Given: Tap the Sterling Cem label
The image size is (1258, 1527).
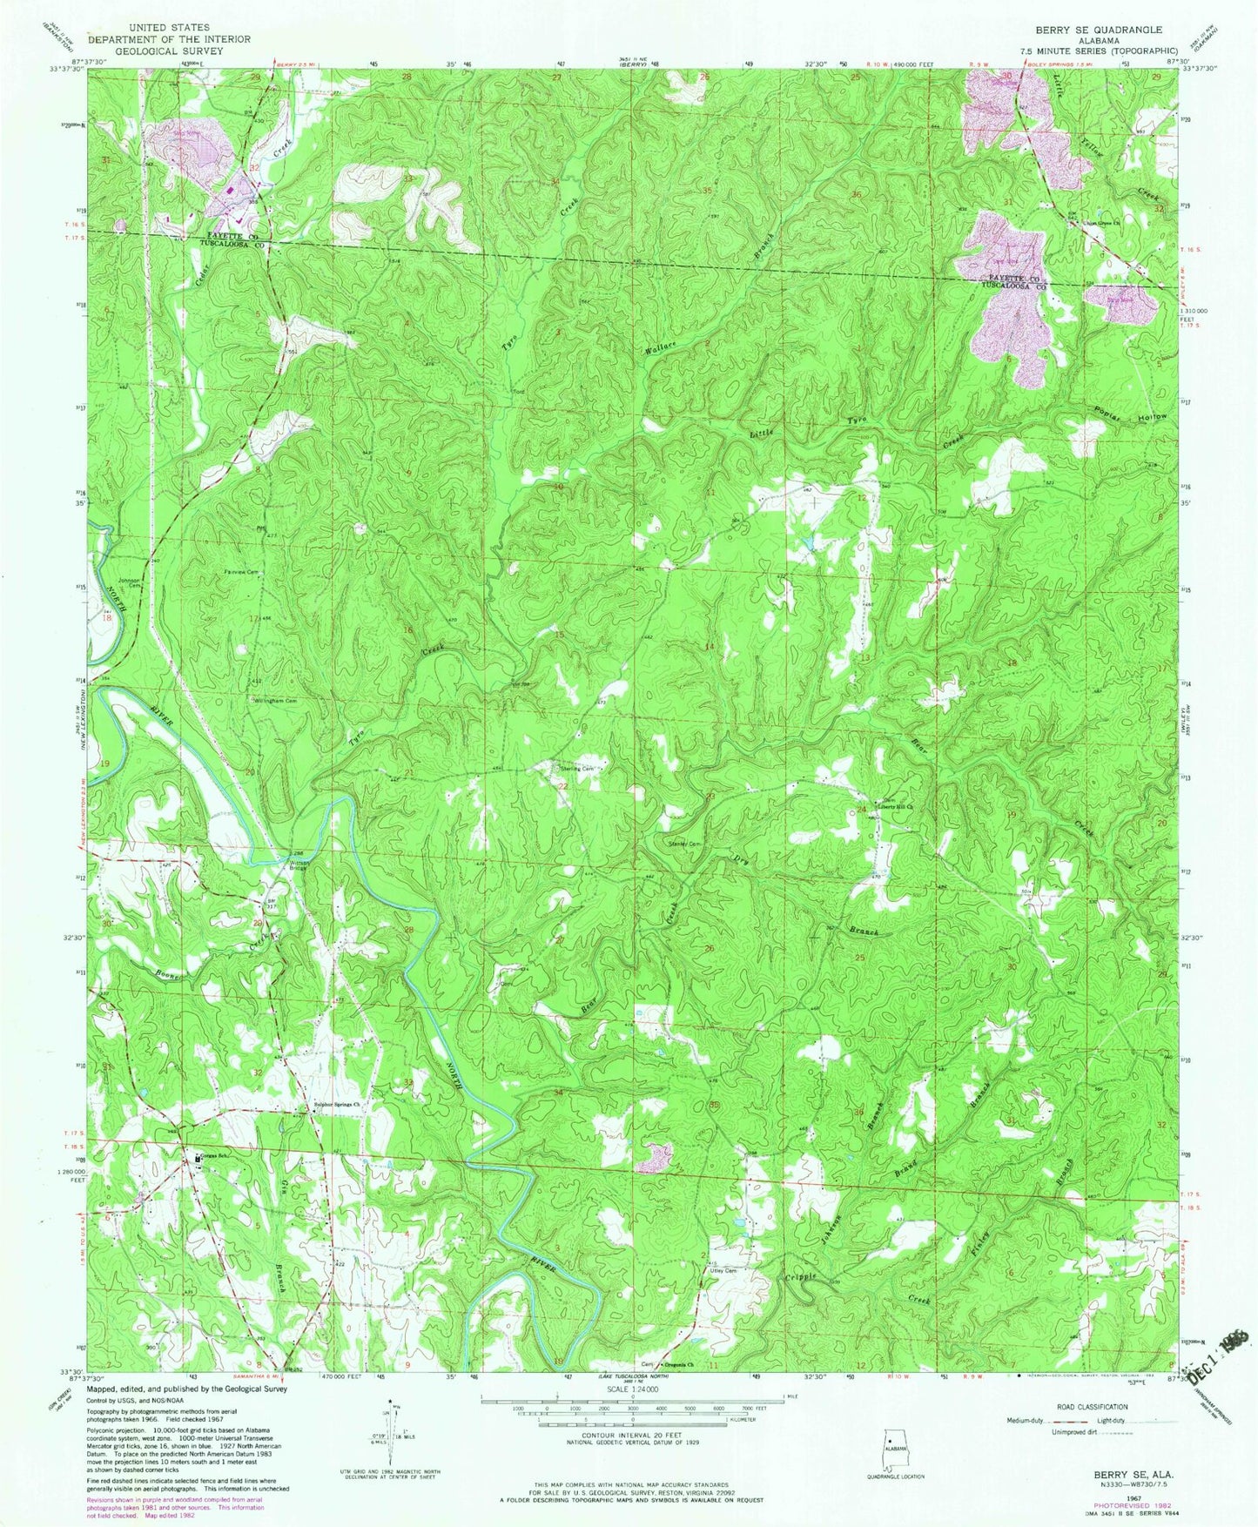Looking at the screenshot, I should (x=581, y=769).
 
